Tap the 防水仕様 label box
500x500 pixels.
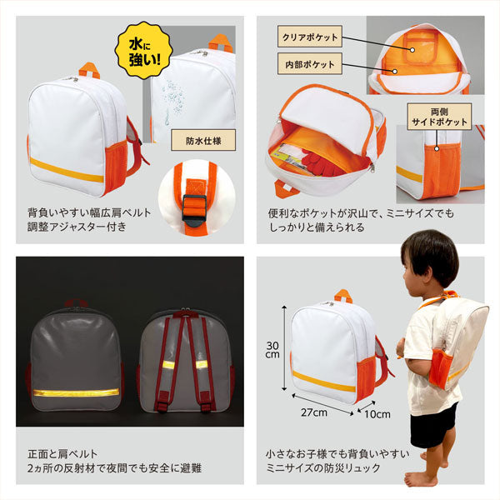[x=202, y=140]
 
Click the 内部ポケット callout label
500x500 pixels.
[x=310, y=63]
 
